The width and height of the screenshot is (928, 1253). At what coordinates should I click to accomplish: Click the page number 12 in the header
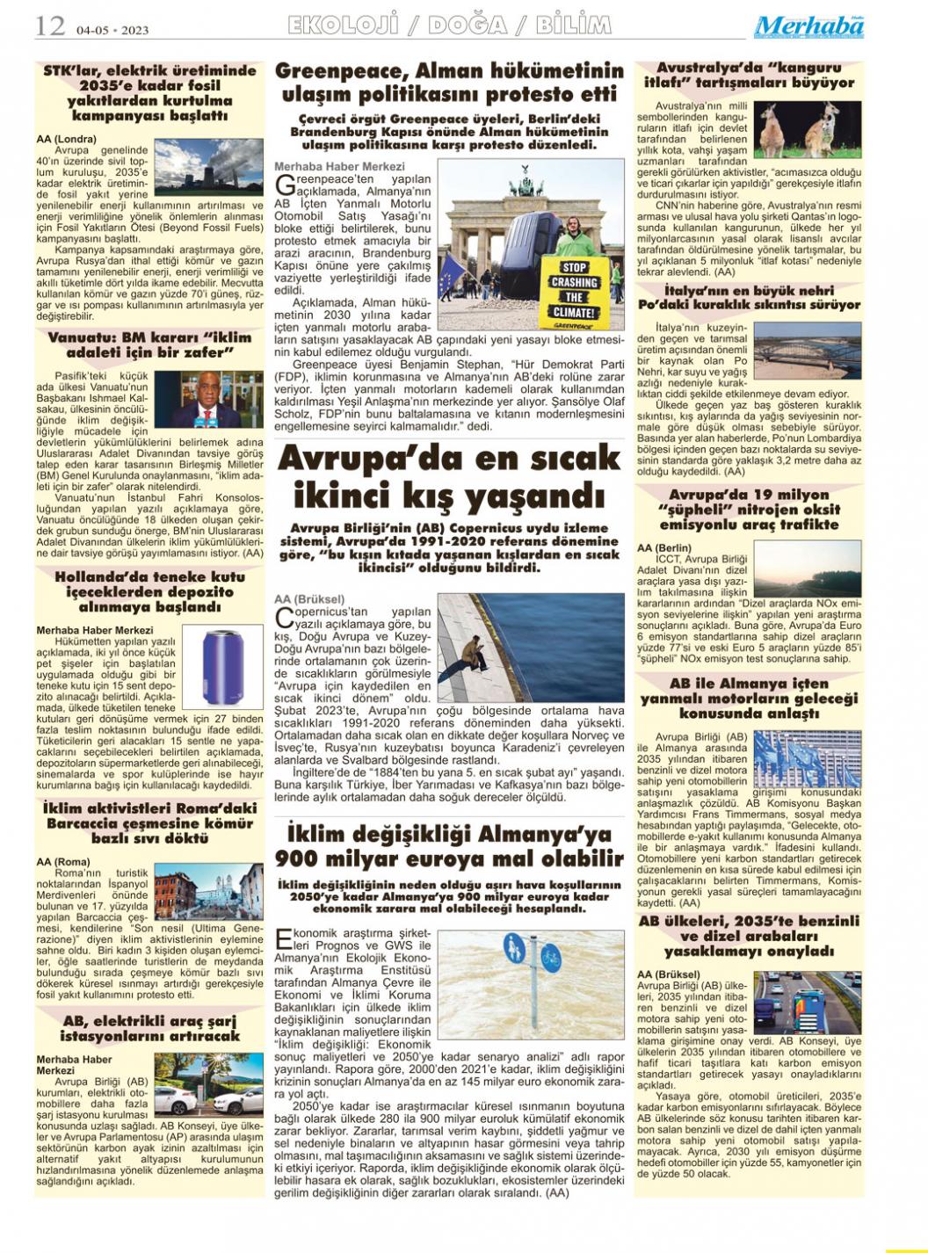tap(49, 26)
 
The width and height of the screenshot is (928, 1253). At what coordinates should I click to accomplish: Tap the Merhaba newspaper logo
tap(808, 27)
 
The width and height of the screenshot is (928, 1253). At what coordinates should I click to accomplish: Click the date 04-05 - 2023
tap(112, 30)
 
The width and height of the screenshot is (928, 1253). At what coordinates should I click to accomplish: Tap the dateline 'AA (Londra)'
tap(66, 139)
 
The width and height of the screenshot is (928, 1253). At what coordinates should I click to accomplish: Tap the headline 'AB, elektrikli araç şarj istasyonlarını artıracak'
tap(151, 1028)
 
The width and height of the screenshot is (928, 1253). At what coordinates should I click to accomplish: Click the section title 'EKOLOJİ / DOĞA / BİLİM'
tap(449, 25)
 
